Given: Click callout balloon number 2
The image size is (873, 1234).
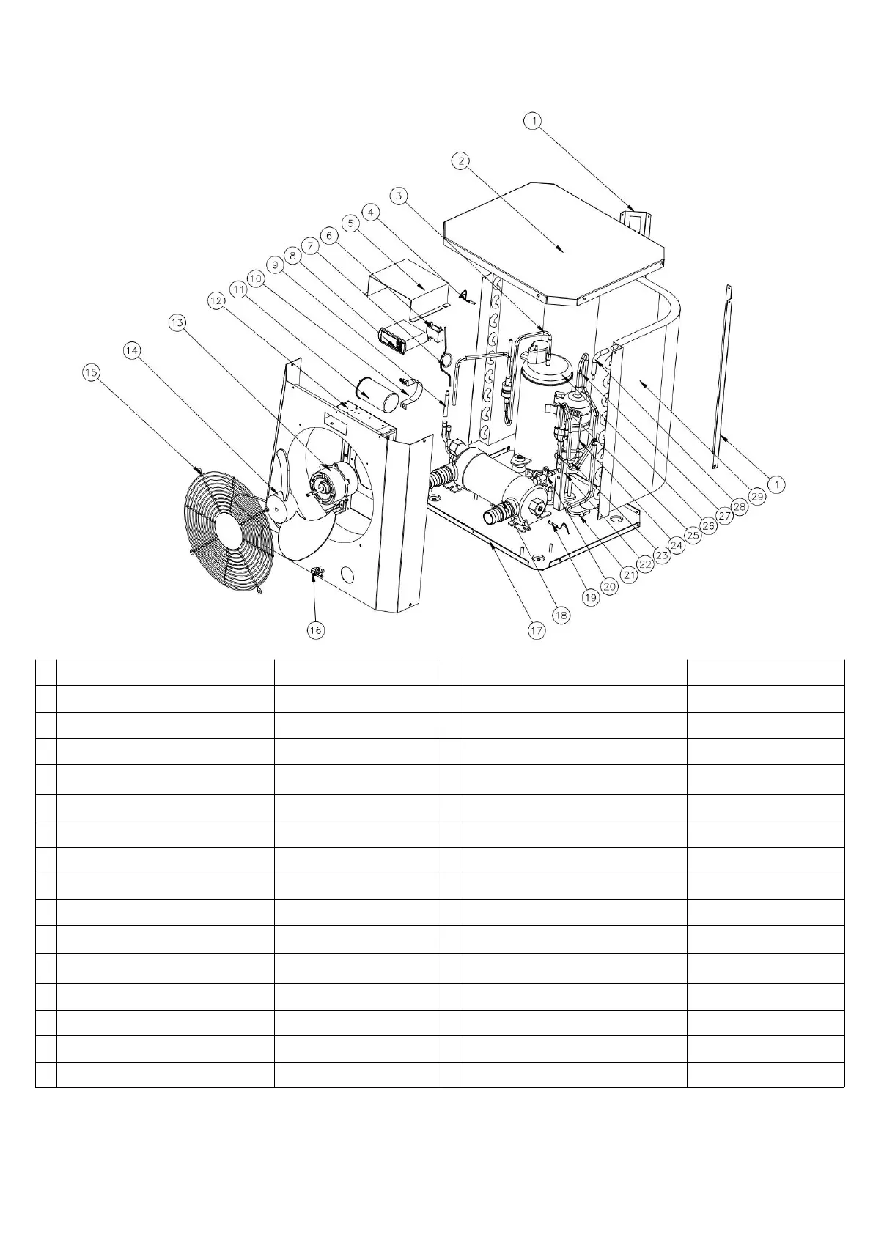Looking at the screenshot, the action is [460, 160].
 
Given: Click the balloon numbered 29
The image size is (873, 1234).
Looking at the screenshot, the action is [756, 496].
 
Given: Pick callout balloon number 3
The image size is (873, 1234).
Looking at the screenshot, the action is [399, 196].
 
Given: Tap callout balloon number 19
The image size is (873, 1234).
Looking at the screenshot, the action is [591, 598].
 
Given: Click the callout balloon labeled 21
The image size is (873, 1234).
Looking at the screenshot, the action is [627, 576].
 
